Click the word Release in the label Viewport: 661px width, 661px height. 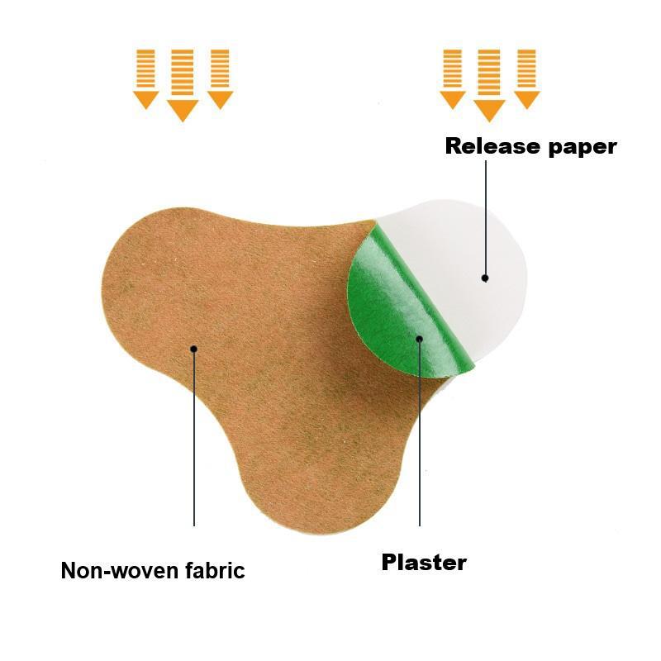coord(492,146)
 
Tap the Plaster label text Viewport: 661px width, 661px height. coord(424,562)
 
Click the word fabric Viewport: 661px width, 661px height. coord(215,570)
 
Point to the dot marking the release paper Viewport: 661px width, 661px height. coord(485,278)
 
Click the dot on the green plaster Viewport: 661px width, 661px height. coord(420,339)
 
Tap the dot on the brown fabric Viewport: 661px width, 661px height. coord(194,349)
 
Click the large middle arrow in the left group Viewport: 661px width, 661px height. coord(183,86)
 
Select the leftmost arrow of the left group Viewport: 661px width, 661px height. coord(146,79)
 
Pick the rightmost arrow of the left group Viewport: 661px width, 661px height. coord(220,79)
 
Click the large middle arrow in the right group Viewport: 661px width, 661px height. coord(489,86)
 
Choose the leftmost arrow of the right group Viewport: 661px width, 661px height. coord(452,79)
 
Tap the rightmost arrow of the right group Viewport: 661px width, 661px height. coord(527,79)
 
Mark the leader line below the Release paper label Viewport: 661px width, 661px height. coord(486,219)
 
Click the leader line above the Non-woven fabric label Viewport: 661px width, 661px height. coord(194,437)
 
